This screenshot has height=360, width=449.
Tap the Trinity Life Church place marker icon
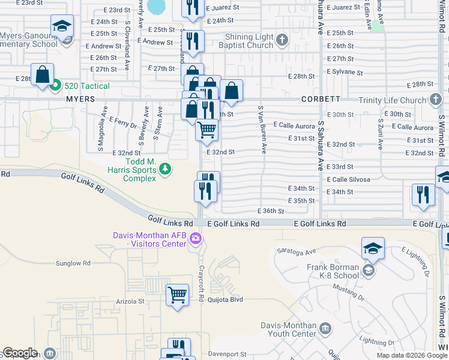[x=436, y=100]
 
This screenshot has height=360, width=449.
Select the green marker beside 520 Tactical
[x=55, y=86]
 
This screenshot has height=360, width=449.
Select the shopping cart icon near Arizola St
[x=177, y=295]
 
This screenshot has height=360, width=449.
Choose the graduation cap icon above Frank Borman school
[x=373, y=248]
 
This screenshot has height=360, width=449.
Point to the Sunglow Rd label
[x=73, y=263]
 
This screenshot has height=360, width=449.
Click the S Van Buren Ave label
[x=262, y=130]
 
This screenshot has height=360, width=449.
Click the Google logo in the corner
[x=20, y=353]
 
